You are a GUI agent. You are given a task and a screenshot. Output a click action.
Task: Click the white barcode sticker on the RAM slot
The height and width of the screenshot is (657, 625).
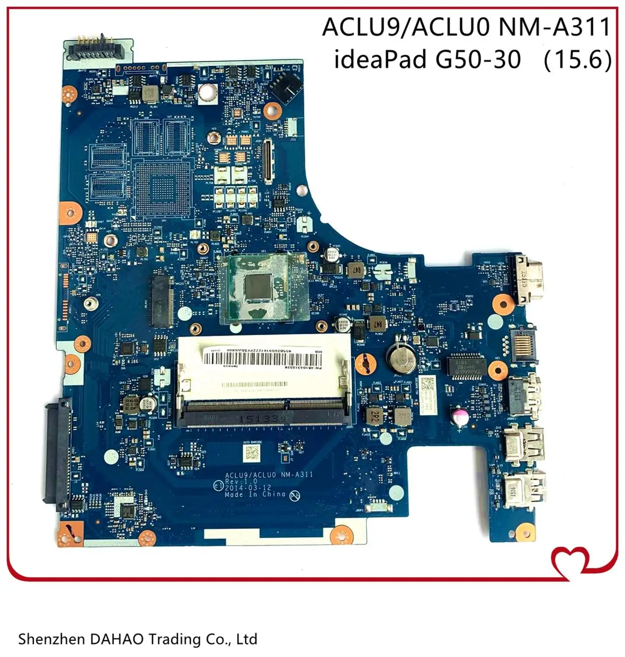tap(262, 360)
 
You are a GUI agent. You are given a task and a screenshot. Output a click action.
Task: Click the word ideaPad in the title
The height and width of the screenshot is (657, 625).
tap(380, 59)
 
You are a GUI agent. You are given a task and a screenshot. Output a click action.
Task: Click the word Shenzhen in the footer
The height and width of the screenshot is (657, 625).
tap(50, 639)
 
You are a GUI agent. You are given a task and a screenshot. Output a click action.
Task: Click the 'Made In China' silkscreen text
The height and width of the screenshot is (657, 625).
tap(255, 495)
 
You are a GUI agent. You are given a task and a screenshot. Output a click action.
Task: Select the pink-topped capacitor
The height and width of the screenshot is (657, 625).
tap(459, 417)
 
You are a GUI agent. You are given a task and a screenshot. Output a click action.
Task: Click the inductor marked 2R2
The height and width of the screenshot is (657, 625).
tap(375, 416)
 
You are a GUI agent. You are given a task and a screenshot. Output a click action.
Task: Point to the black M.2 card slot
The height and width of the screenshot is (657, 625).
tap(162, 301)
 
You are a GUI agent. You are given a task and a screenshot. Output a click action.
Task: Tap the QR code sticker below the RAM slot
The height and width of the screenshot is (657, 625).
tap(252, 454)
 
